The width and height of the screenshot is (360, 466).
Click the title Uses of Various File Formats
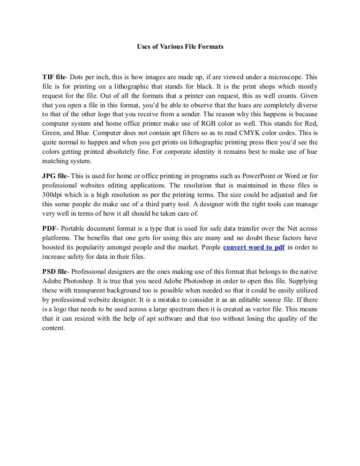[180, 47]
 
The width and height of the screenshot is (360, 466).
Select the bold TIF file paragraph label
[55, 77]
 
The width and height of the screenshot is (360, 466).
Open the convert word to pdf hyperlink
[254, 248]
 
